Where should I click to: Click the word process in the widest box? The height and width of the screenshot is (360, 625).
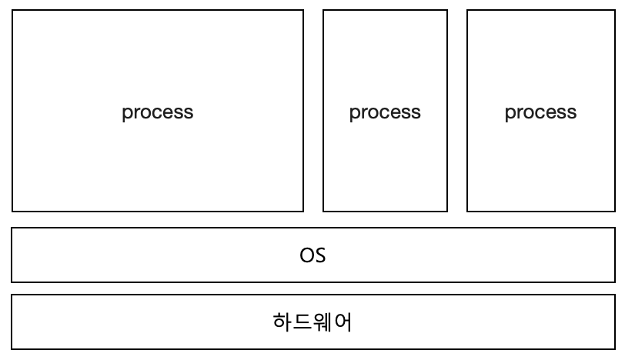coord(157,112)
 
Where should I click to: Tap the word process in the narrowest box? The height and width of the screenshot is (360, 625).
coord(385,112)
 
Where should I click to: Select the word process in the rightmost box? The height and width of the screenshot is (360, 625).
coord(540,112)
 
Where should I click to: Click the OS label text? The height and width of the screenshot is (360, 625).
coord(312,255)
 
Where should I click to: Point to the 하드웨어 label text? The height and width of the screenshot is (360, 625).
coord(312,322)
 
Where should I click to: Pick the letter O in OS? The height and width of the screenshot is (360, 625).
coord(306,255)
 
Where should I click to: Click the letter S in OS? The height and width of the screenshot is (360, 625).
coord(320,255)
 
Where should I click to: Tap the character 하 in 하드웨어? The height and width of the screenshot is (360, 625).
coord(282,322)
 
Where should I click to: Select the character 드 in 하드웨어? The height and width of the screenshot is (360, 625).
coord(302,322)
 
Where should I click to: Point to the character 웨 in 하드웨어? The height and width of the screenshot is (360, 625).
coord(323,322)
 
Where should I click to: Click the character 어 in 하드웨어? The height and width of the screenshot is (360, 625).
coord(343,322)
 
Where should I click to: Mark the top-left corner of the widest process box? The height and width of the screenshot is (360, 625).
coord(12,10)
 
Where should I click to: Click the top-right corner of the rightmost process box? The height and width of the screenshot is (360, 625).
coord(614,10)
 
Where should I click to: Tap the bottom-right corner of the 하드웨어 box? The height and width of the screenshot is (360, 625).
coord(615,348)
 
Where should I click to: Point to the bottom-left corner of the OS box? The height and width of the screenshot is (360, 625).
coord(12,282)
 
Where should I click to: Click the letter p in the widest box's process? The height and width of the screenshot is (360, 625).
coord(126,114)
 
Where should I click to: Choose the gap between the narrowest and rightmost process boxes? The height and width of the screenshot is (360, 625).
coord(457,111)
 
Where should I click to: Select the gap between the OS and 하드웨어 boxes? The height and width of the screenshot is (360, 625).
coord(312,288)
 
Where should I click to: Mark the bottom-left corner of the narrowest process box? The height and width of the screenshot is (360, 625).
coord(323,211)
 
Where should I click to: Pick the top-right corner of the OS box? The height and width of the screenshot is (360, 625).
coord(615,228)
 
